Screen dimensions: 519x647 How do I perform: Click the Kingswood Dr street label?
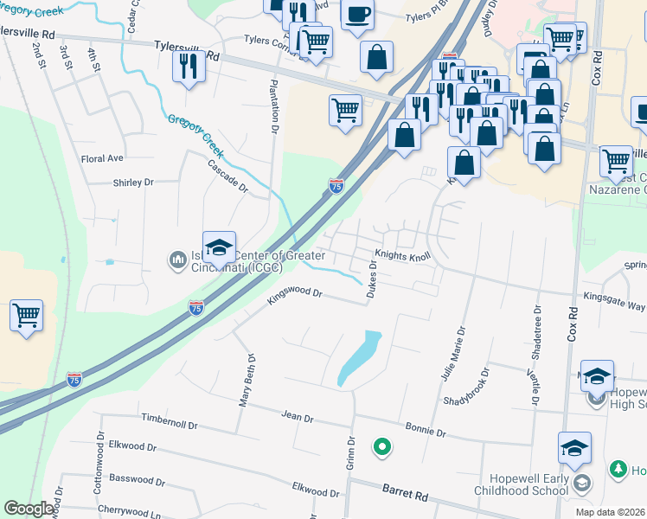coord(295,295)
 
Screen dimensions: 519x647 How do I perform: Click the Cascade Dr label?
coord(227,176)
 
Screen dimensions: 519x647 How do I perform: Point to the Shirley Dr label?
coord(132,183)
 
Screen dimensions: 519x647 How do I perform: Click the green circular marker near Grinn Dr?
coord(381,447)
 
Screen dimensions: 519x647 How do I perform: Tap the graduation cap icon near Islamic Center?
coord(219,247)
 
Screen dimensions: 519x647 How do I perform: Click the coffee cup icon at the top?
coord(357,14)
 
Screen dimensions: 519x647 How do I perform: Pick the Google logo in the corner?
coord(29,509)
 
